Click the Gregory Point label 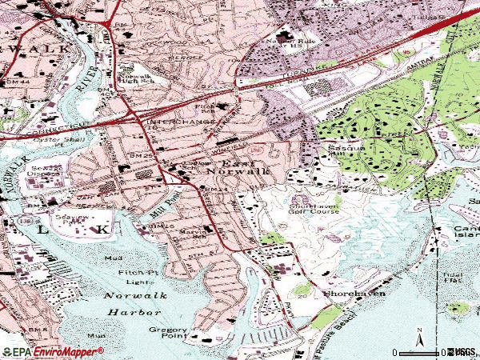(167, 334)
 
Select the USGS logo (462, 351)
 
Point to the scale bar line (416, 352)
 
